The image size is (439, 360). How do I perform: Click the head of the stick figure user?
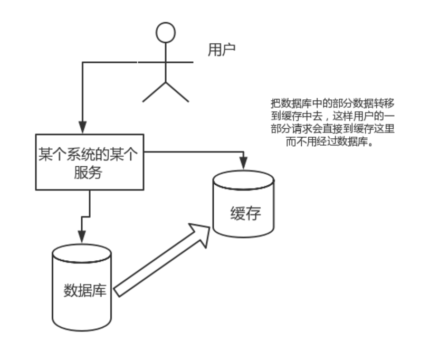click(x=166, y=32)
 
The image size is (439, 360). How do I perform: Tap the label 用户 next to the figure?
click(x=221, y=50)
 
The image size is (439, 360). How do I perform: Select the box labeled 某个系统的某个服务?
click(x=89, y=162)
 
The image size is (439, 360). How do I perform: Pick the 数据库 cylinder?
click(x=82, y=288)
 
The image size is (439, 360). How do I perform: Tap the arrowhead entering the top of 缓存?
click(x=243, y=163)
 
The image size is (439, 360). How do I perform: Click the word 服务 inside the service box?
click(x=89, y=172)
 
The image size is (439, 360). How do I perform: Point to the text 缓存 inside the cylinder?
click(x=245, y=214)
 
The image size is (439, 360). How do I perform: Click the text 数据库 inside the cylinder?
click(x=84, y=290)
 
